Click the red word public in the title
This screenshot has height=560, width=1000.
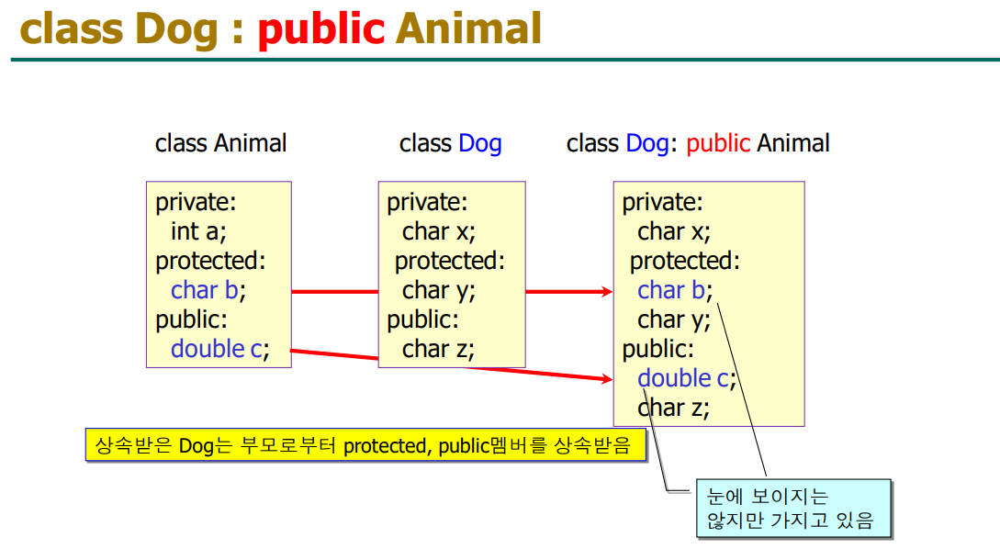320,30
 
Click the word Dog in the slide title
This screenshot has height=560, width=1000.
176,30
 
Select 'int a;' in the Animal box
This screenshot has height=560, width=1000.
198,231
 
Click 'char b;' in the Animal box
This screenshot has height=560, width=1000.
208,290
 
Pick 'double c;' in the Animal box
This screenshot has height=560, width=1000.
220,349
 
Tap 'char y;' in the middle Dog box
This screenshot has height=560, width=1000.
439,291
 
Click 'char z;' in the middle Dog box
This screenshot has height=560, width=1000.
438,349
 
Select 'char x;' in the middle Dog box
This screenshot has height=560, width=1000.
439,231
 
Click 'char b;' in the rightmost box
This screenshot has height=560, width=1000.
675,290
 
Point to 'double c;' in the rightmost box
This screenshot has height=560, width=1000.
687,378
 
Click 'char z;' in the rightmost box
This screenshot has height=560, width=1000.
673,408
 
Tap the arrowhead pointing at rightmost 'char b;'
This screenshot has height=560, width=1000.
606,292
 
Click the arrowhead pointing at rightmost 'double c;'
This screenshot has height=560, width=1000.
606,379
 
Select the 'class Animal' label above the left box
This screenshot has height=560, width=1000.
220,143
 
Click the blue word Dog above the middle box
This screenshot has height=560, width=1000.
480,144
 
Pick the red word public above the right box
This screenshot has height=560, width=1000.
718,144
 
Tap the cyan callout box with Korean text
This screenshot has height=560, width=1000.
793,509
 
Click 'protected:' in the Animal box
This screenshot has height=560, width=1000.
210,261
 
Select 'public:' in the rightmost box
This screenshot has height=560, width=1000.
658,350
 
